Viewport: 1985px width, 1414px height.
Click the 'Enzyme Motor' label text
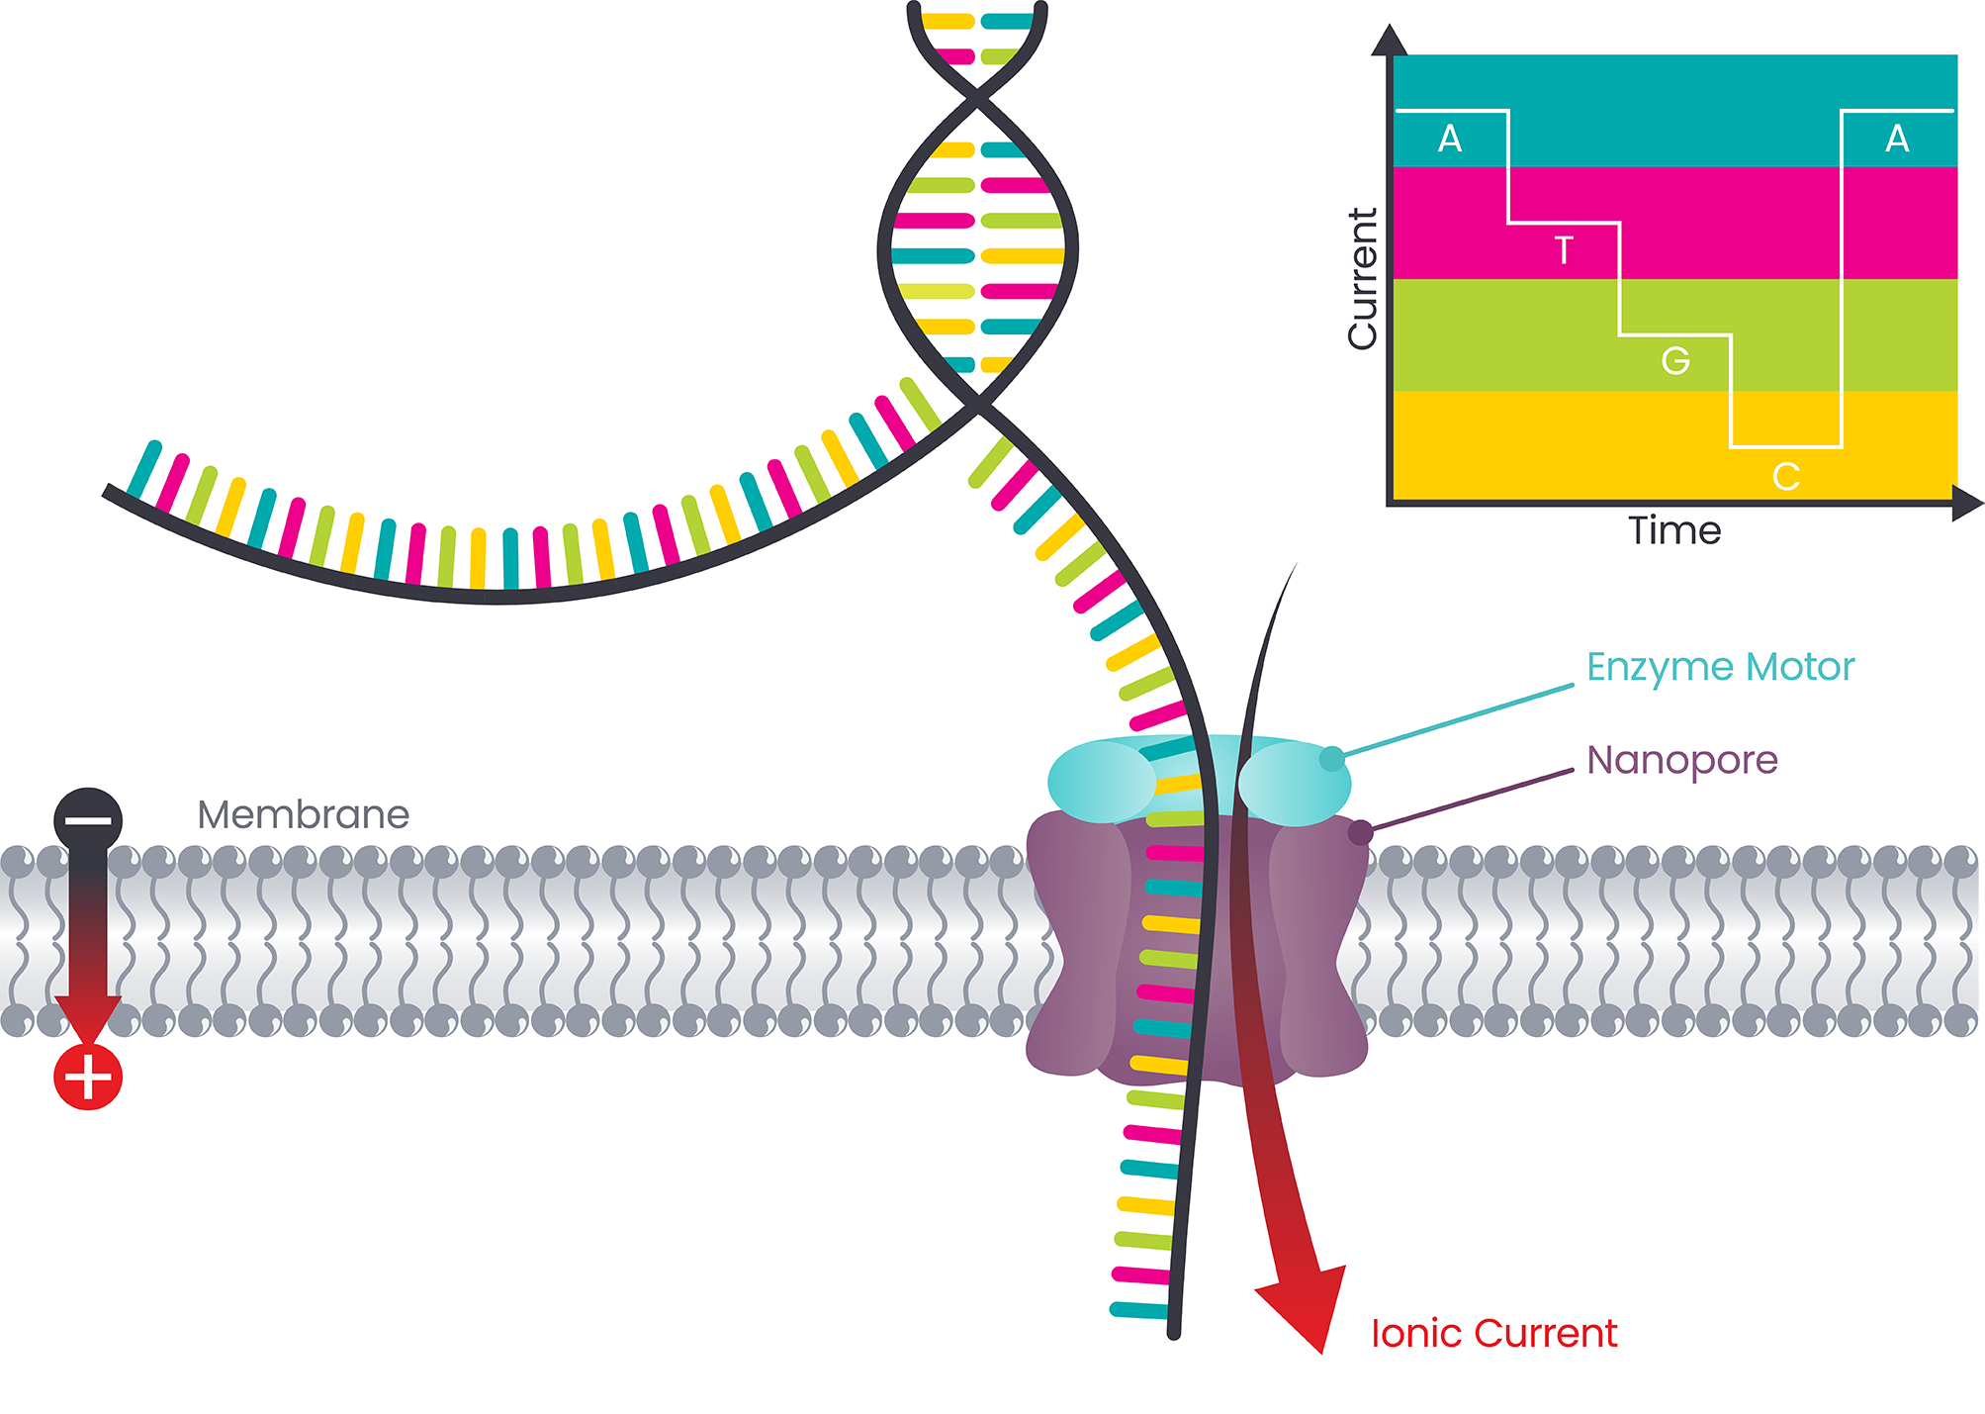click(x=1720, y=668)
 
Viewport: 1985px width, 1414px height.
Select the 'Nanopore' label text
click(x=1681, y=760)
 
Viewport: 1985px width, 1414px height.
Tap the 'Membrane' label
click(x=303, y=815)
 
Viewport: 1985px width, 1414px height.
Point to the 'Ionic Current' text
click(x=1493, y=1334)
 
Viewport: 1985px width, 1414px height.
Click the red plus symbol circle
click(x=88, y=1077)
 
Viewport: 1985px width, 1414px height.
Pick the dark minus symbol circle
click(x=88, y=820)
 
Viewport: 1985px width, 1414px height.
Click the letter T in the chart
click(x=1563, y=250)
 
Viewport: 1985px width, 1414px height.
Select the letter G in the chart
click(x=1674, y=361)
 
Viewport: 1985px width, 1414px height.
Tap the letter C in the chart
click(x=1785, y=477)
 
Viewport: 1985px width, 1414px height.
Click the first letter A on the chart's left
click(x=1450, y=140)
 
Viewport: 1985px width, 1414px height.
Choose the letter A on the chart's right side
click(x=1896, y=140)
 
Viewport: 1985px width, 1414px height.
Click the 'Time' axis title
click(x=1674, y=531)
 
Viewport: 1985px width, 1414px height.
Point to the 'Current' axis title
click(x=1363, y=278)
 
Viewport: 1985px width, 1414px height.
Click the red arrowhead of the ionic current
click(x=1306, y=1306)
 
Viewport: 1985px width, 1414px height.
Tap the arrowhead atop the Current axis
click(x=1390, y=42)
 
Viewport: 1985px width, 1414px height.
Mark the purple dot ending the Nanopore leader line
click(x=1361, y=833)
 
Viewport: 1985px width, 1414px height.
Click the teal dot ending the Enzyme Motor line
click(x=1332, y=759)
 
